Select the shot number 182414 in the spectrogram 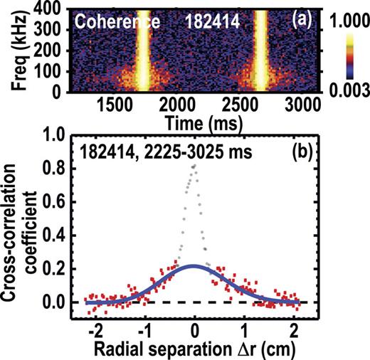206,21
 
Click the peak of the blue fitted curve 194,266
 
